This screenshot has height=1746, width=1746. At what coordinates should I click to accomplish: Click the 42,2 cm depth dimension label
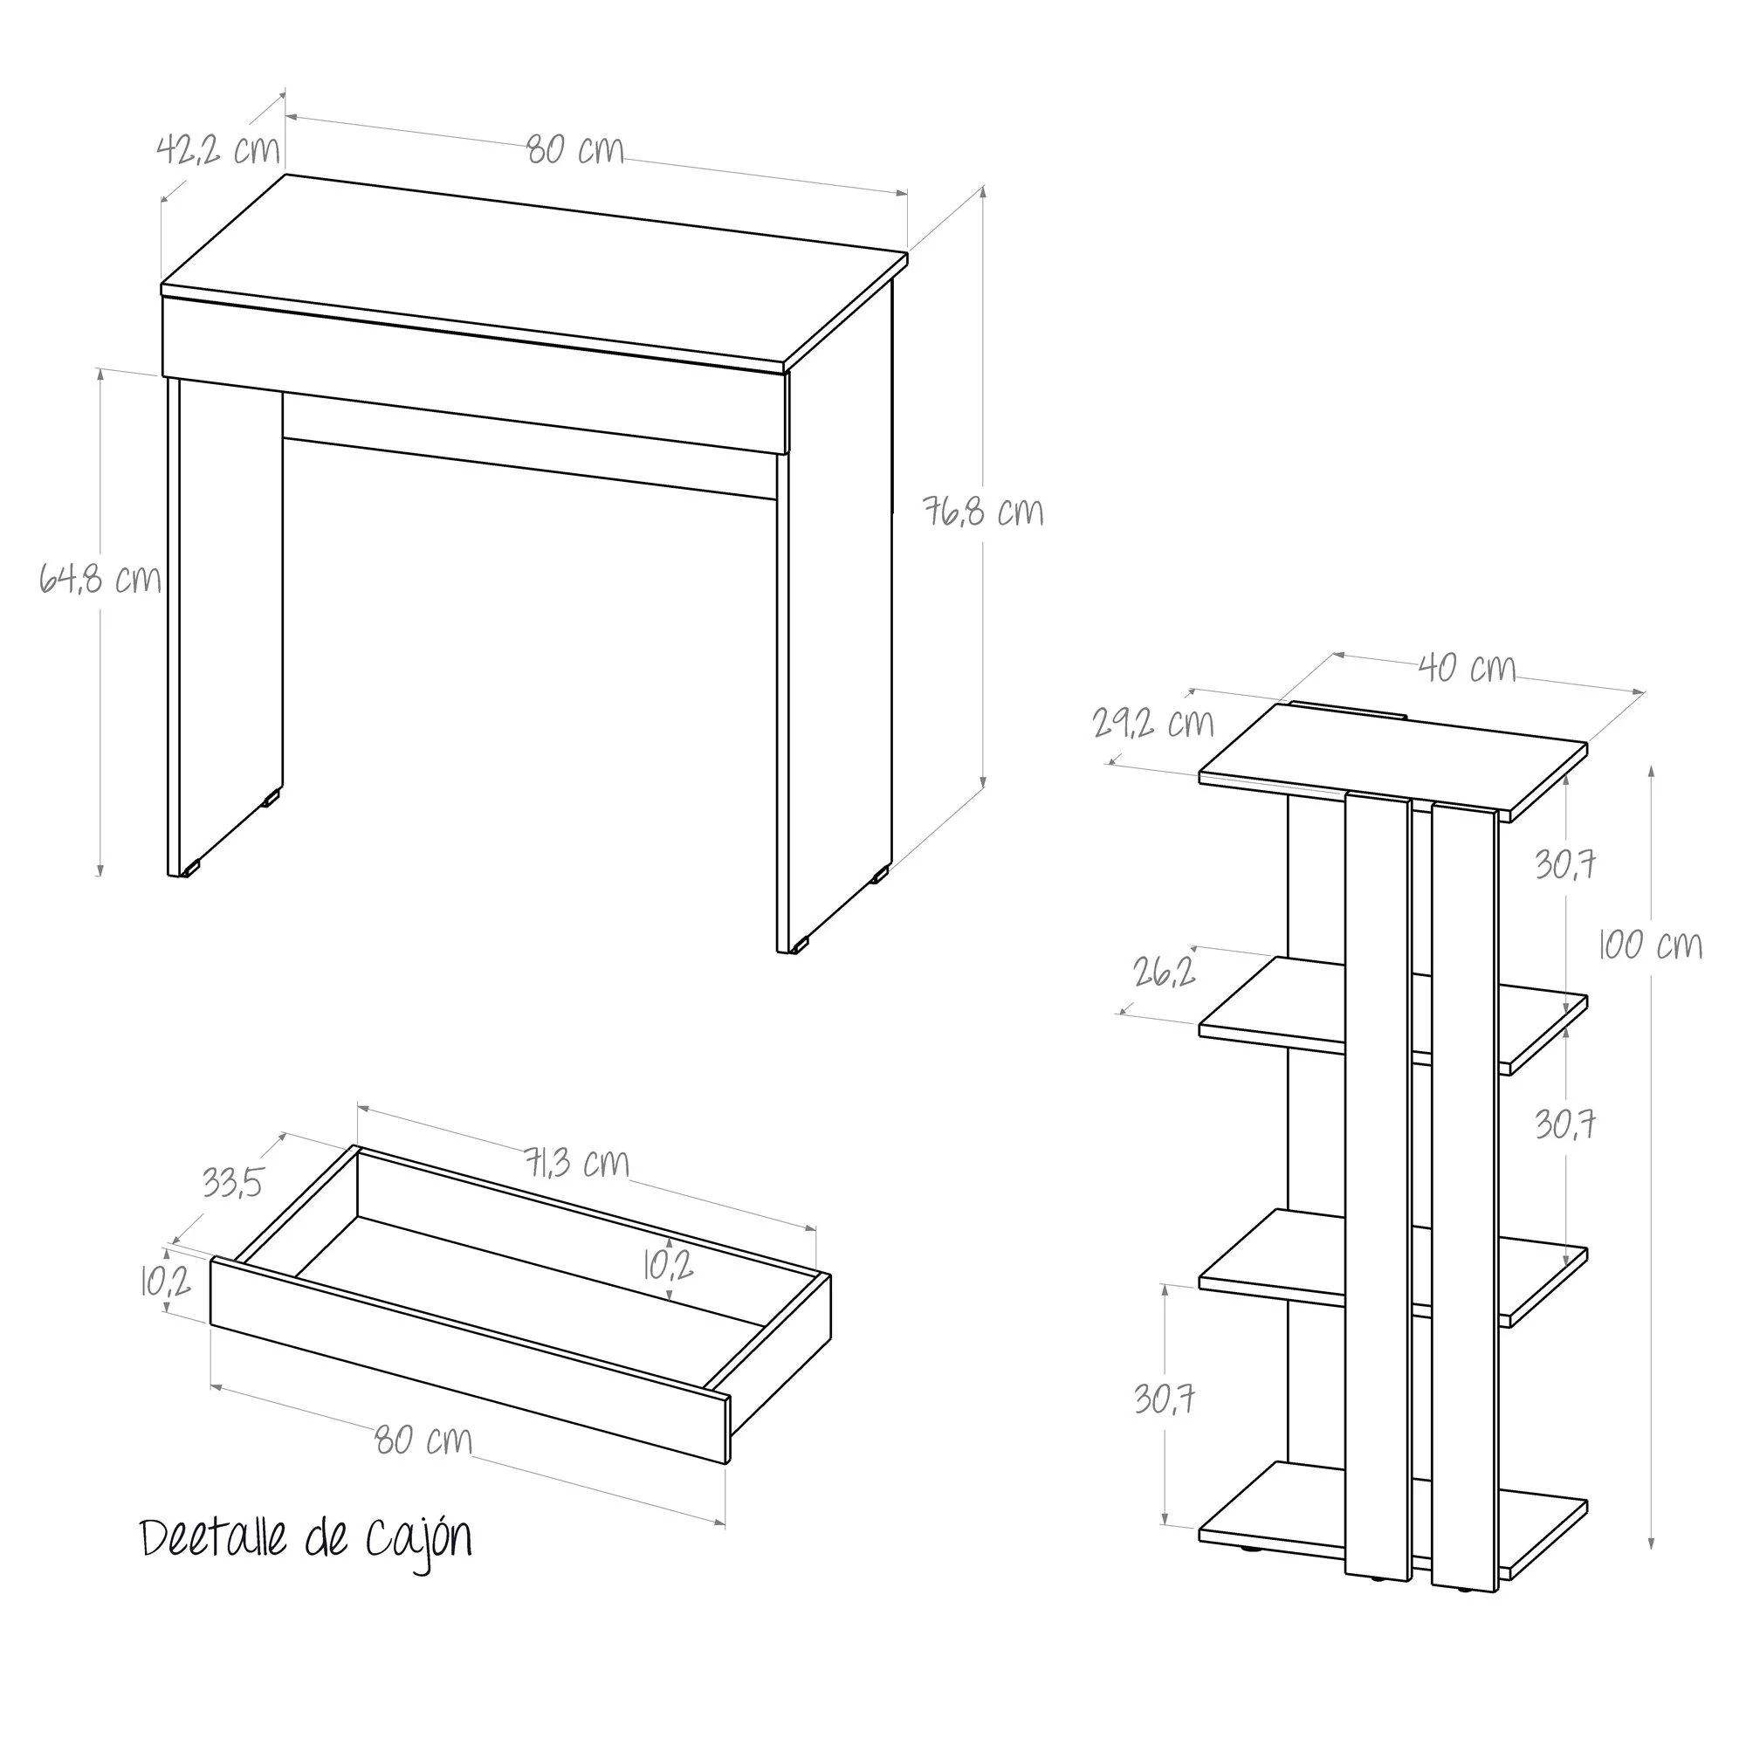coord(219,149)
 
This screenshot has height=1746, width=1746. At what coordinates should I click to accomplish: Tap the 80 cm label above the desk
coord(575,150)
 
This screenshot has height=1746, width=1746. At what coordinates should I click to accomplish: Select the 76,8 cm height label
coord(983,512)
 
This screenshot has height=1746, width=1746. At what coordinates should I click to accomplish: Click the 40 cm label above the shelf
coord(1467,667)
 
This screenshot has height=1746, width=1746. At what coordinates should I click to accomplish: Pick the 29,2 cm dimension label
coord(1154,722)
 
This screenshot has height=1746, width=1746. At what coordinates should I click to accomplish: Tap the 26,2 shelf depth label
coord(1165,972)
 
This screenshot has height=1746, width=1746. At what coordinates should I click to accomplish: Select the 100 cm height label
coord(1651,945)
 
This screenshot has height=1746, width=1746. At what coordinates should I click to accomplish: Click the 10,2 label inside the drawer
coord(669,1266)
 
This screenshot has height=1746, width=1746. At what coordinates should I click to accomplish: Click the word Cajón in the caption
coord(418,1540)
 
